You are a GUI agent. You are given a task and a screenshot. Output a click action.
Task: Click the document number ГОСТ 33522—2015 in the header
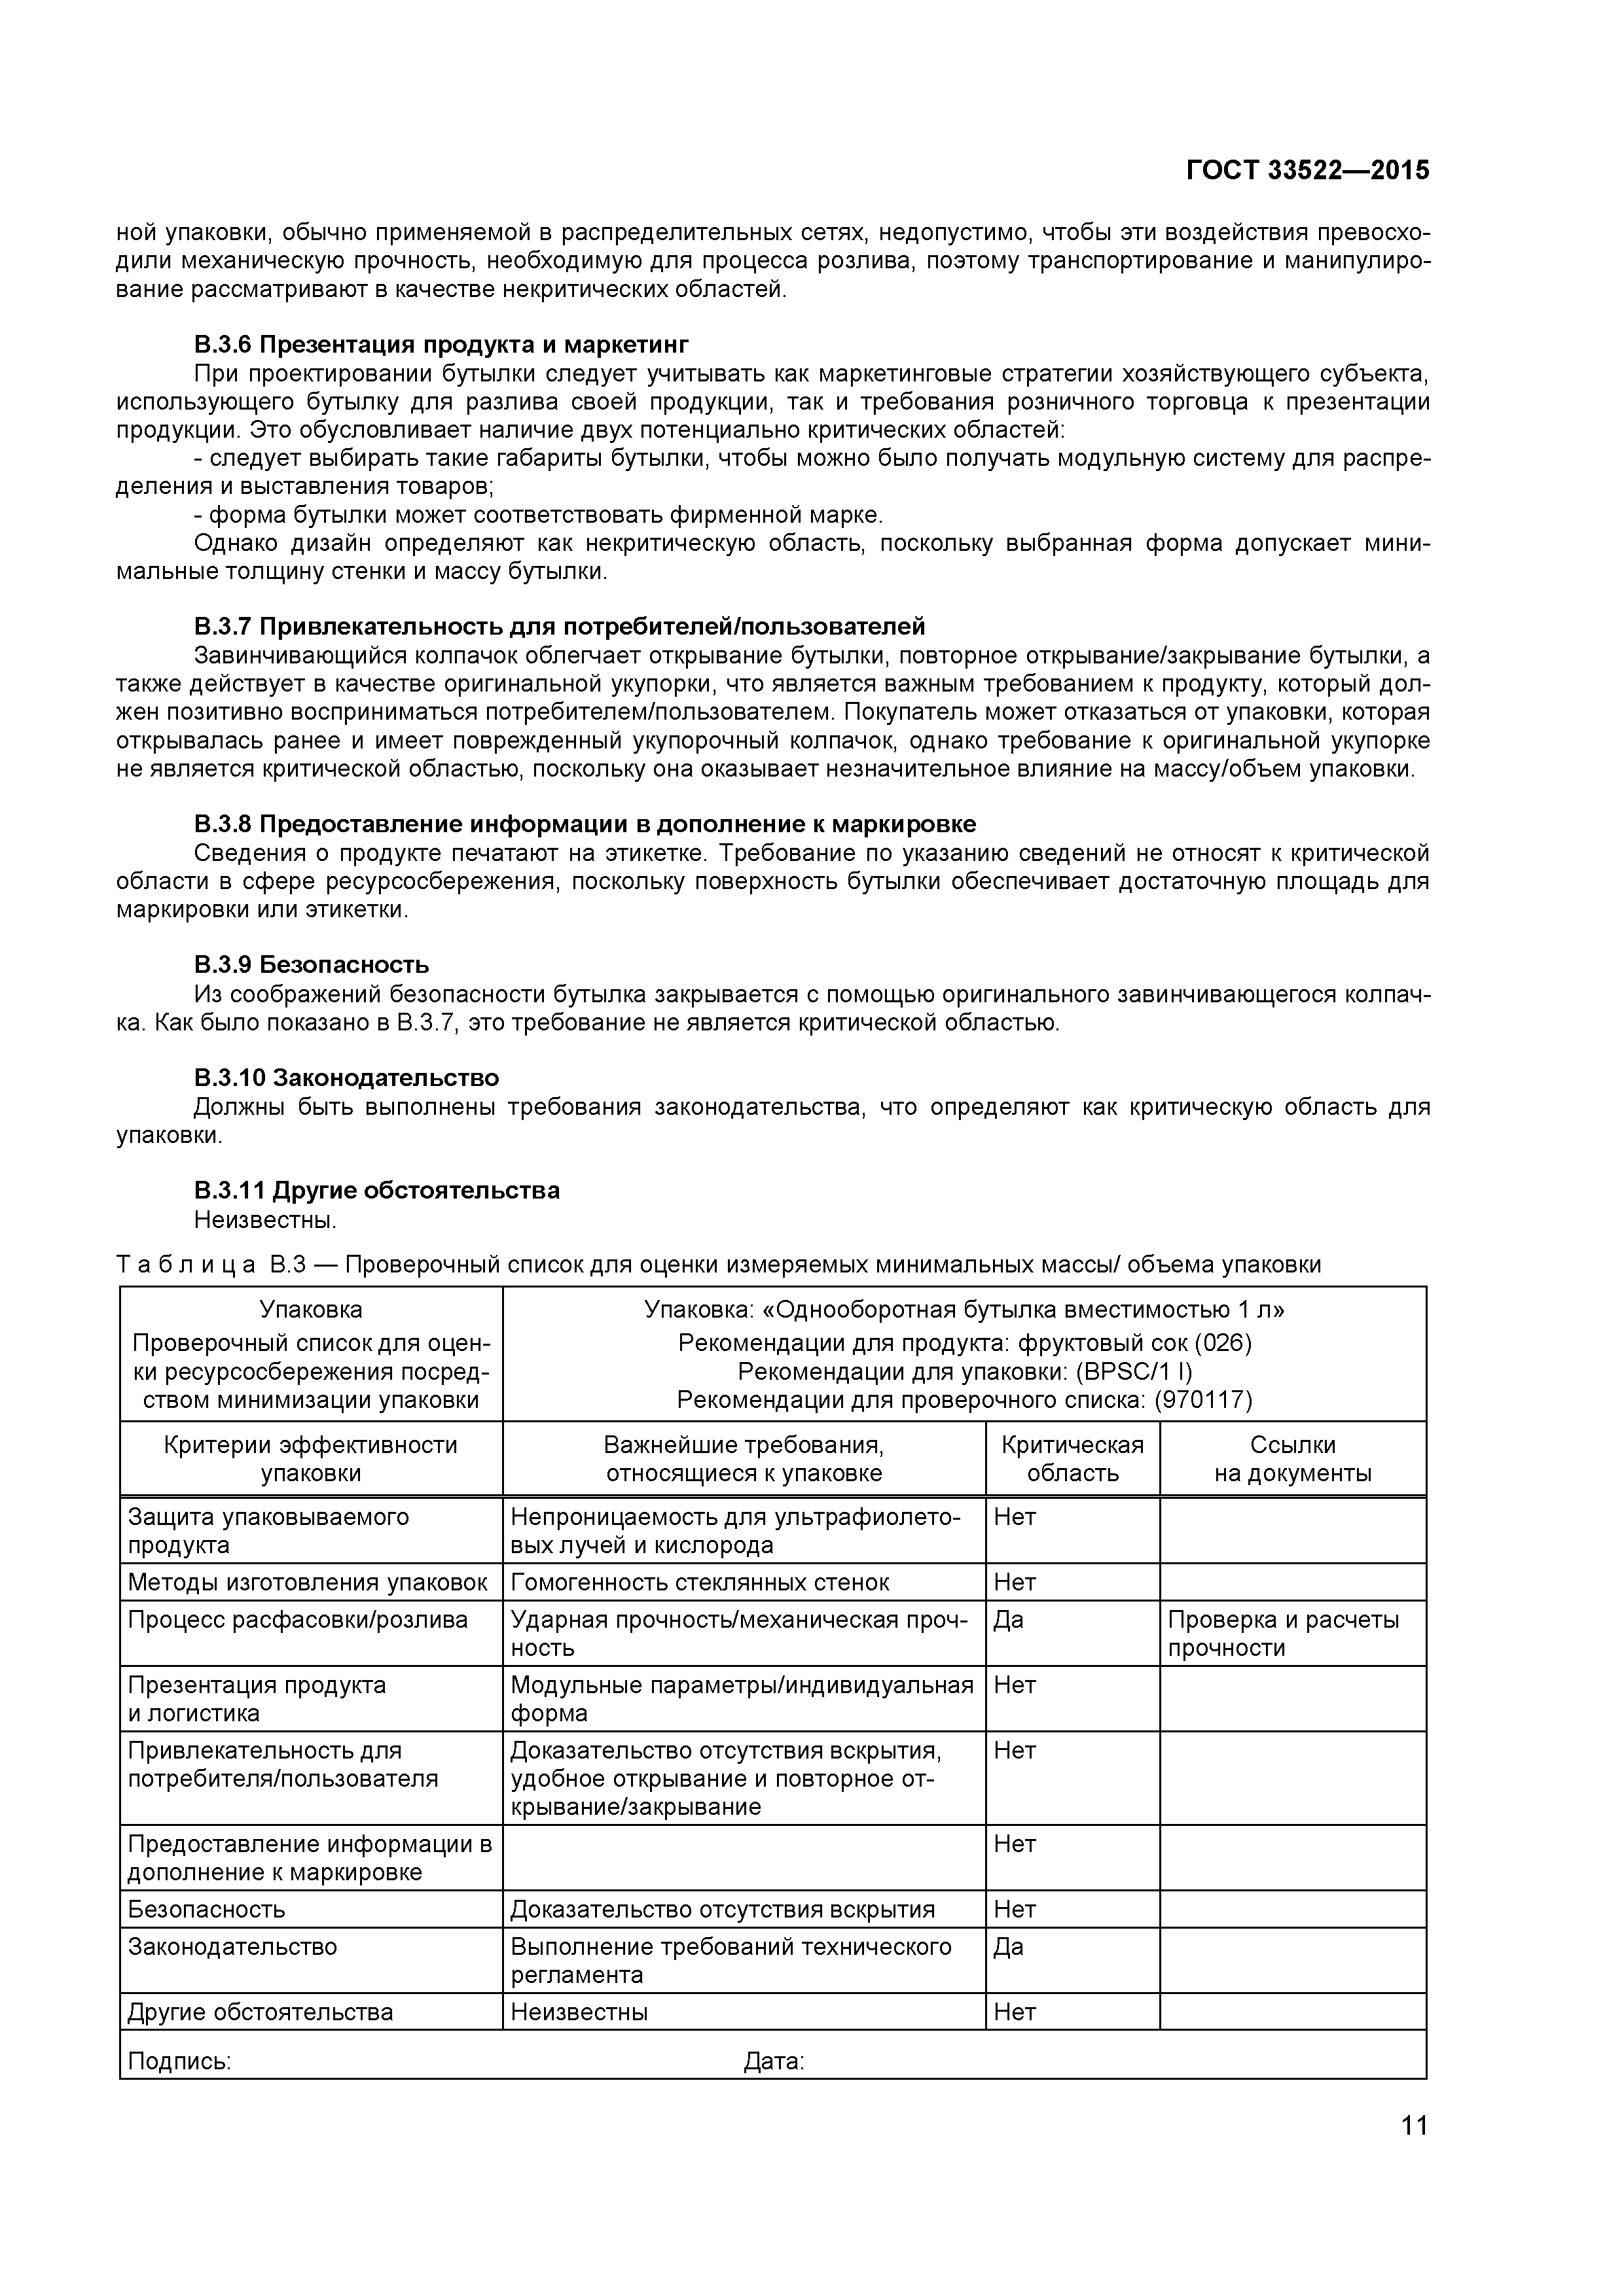pos(1307,170)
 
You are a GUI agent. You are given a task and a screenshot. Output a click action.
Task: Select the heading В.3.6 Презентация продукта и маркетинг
pos(441,345)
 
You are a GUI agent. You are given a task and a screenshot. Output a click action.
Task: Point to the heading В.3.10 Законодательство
pos(346,1077)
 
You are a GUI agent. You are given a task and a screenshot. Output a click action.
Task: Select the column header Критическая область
pos(1072,1460)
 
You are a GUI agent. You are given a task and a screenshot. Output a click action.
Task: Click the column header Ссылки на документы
pos(1292,1460)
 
